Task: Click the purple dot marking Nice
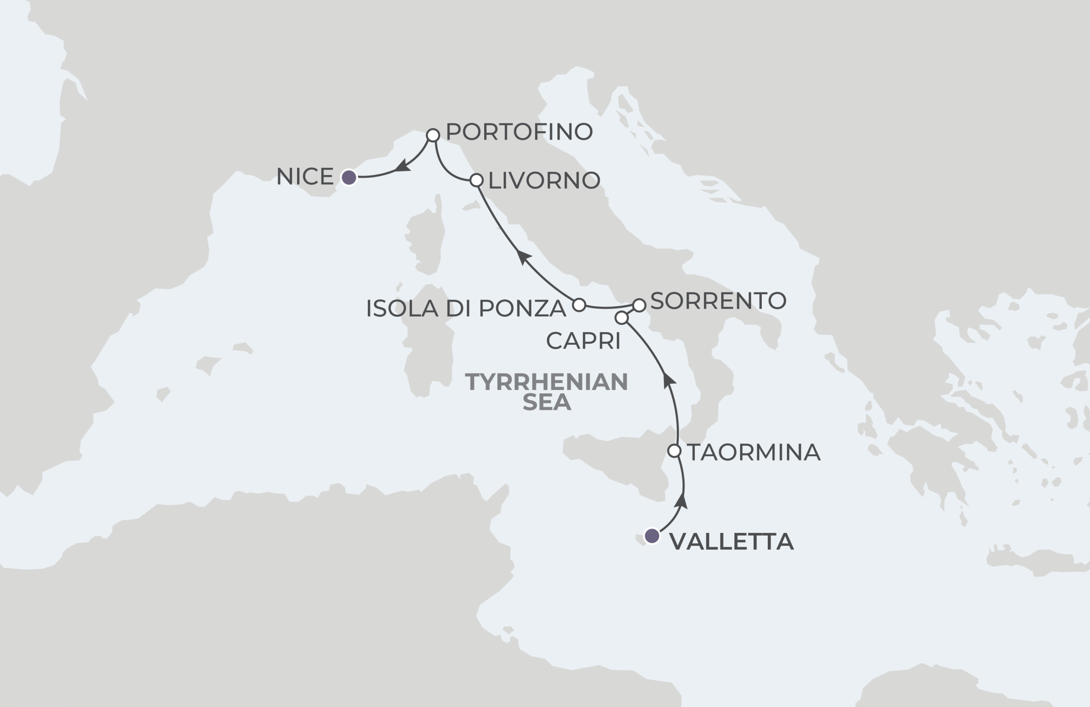pos(349,177)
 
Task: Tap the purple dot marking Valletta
pos(652,536)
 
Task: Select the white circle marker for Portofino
pos(433,135)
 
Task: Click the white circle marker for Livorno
pos(476,180)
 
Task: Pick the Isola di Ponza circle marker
pos(579,304)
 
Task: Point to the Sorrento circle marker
pos(639,305)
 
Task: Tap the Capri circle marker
pos(621,318)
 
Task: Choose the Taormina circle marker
pos(674,451)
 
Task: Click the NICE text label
pos(305,177)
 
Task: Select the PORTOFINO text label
pos(519,132)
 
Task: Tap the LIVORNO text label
pos(544,180)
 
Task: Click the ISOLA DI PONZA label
pos(466,309)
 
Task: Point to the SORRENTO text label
pos(718,301)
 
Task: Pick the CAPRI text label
pos(583,341)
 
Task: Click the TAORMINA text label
pos(753,452)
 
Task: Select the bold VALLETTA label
pos(731,542)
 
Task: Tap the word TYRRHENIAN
pos(546,382)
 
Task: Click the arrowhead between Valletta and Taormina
pos(682,501)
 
